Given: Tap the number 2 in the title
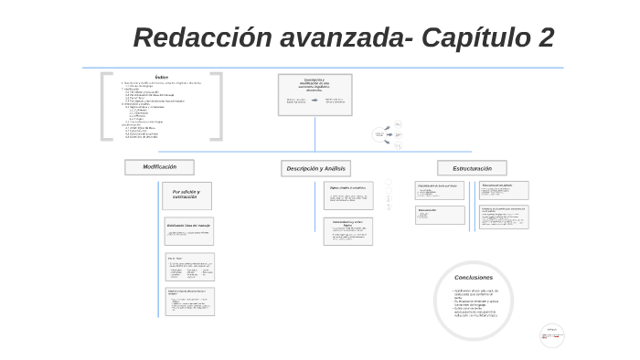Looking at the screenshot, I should pos(544,38).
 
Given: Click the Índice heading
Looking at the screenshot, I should pos(162,77).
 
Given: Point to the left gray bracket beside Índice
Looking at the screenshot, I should pos(106,106).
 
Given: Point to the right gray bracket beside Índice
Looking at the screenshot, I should pos(217,106).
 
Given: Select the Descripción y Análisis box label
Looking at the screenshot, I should pos(315,168).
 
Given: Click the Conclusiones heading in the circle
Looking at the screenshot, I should pos(473,277).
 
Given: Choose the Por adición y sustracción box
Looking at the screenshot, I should pos(187,195).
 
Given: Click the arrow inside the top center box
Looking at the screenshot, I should pos(315,101).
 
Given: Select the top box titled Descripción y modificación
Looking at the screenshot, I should pos(315,94).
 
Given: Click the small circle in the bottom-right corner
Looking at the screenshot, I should pos(551,335).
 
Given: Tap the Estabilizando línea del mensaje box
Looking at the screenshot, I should pos(189,231).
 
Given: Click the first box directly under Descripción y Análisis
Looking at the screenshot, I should pos(348,196).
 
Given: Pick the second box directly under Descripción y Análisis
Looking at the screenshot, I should pos(348,230).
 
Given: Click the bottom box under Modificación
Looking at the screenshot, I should pos(189,302).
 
